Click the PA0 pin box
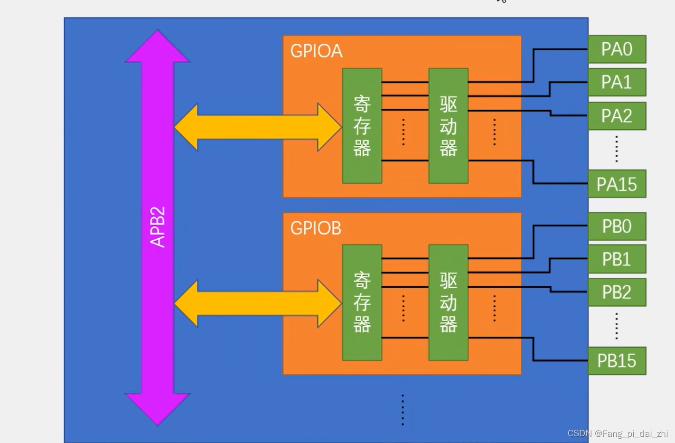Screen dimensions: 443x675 click(x=617, y=49)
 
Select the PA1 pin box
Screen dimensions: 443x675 click(x=617, y=82)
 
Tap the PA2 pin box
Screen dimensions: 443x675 click(x=617, y=116)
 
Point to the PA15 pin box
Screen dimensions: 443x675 click(x=617, y=184)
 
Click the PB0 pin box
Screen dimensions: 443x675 click(x=617, y=226)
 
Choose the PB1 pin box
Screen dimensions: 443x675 click(x=617, y=259)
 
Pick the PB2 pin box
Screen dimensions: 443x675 click(x=617, y=292)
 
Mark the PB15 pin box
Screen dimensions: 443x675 click(x=617, y=361)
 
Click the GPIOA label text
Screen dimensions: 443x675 click(x=316, y=51)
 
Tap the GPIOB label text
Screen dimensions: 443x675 click(x=316, y=228)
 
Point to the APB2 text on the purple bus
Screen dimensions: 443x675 click(x=158, y=227)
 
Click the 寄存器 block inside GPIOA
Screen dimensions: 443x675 click(x=362, y=126)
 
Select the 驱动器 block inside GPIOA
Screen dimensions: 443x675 click(x=448, y=126)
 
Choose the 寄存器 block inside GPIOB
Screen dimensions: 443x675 click(x=362, y=302)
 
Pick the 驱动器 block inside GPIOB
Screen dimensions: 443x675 click(x=448, y=302)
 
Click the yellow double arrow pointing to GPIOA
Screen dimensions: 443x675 click(x=257, y=127)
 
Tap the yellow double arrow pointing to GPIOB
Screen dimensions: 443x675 click(x=257, y=303)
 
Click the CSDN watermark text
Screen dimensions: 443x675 click(x=618, y=434)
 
